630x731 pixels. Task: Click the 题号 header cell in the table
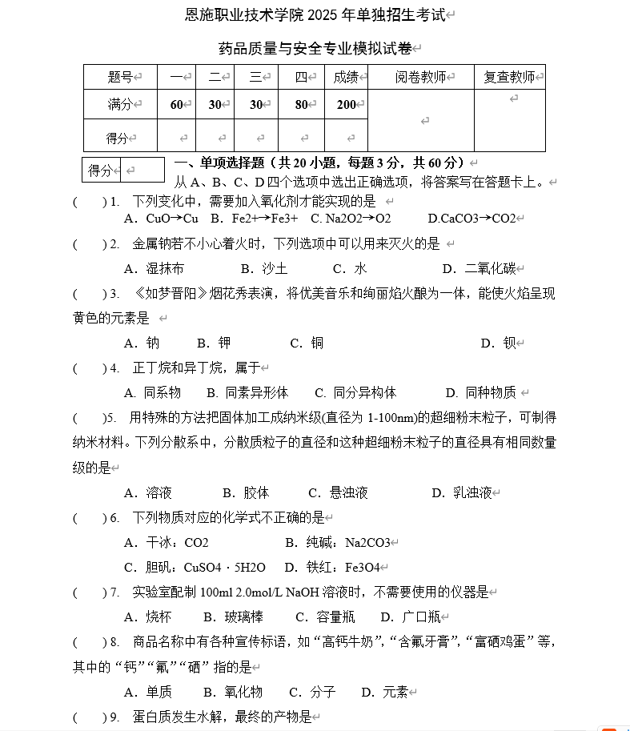120,77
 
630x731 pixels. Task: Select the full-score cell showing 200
347,104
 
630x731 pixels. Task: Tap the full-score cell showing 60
177,104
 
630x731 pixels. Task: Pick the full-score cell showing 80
302,104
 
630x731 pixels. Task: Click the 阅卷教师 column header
420,77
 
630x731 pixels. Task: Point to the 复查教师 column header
509,77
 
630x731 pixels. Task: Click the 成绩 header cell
346,77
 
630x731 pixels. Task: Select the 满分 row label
120,104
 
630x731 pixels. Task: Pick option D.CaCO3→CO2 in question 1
471,219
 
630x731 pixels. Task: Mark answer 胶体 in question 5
256,492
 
